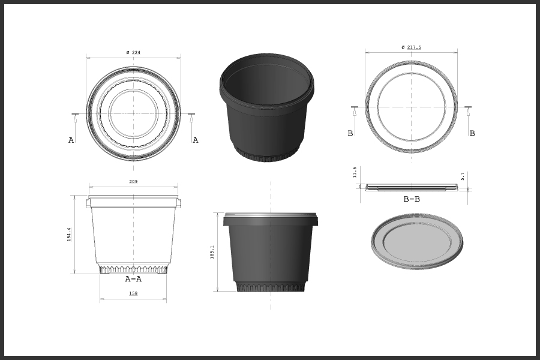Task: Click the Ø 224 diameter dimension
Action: click(133, 52)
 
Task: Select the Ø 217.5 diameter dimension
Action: click(411, 47)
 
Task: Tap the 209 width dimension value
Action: click(133, 182)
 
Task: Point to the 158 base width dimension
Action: click(133, 293)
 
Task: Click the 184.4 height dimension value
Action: click(69, 234)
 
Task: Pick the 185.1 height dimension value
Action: click(212, 252)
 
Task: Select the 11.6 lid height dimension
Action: click(355, 172)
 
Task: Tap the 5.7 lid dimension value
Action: click(463, 176)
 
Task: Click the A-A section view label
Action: click(133, 279)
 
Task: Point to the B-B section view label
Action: click(412, 199)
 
